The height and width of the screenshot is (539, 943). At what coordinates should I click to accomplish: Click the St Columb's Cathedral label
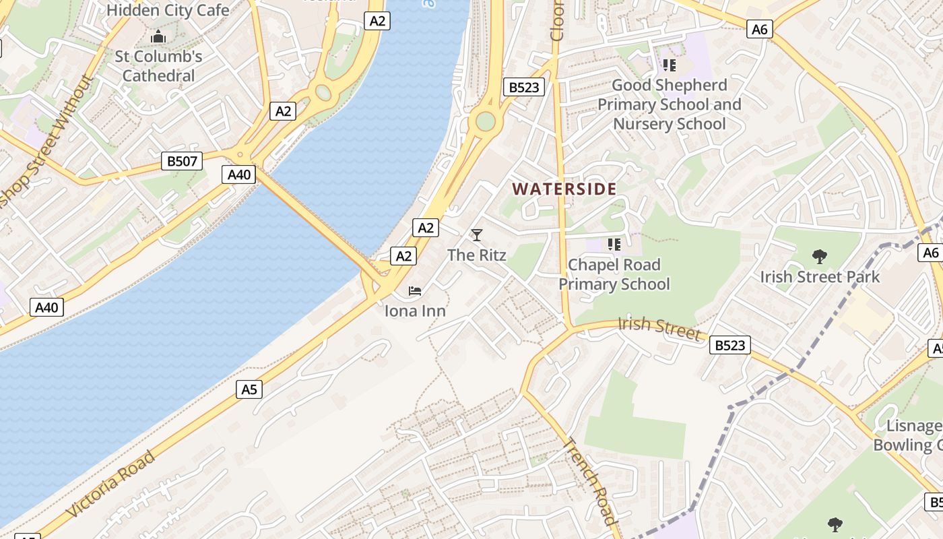(158, 66)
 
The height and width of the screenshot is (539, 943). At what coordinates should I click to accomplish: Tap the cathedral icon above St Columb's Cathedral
(158, 36)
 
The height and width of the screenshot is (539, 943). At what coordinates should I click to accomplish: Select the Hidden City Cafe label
(168, 10)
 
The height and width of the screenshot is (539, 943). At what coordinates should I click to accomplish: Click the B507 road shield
(182, 161)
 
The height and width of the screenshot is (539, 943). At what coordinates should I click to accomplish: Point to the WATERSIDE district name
(564, 189)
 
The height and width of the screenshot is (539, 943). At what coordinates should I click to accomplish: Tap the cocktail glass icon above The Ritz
(477, 235)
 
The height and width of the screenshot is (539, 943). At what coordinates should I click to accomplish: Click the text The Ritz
(477, 255)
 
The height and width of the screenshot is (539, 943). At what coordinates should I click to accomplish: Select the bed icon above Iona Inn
(415, 291)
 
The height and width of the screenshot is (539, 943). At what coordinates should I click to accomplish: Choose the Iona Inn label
(415, 311)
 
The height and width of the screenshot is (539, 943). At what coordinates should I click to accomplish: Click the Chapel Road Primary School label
(614, 274)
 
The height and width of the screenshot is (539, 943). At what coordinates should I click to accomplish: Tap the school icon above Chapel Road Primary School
(614, 244)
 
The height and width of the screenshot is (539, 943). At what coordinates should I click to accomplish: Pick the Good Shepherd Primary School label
(670, 104)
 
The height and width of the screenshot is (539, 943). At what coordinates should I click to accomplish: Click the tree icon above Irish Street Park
(820, 257)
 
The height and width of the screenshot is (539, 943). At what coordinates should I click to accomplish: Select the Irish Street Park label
(820, 277)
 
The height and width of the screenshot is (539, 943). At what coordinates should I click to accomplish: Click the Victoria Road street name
(111, 484)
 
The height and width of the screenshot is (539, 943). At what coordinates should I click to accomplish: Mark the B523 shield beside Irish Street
(730, 346)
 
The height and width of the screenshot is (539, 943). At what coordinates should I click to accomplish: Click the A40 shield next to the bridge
(238, 175)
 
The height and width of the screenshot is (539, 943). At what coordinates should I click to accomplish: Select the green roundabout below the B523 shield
(485, 122)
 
